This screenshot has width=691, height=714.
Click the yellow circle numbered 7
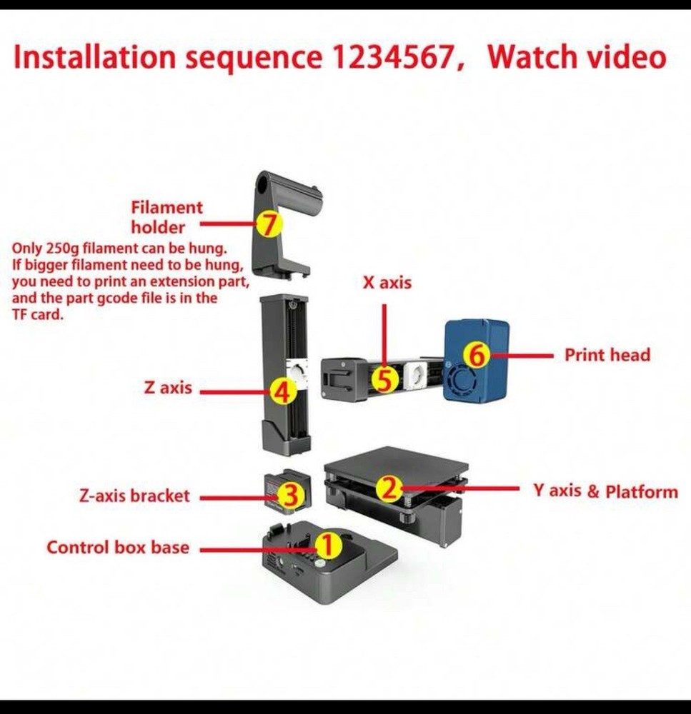click(x=269, y=225)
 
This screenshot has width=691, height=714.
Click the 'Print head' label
click(x=607, y=355)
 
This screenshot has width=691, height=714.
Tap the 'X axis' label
click(x=387, y=283)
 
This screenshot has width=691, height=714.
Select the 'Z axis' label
click(x=168, y=388)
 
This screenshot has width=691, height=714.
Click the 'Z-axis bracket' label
click(x=135, y=496)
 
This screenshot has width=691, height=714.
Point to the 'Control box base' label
click(x=118, y=548)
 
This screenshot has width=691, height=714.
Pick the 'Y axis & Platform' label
click(x=605, y=491)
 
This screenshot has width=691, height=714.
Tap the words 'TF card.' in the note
click(x=38, y=314)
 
